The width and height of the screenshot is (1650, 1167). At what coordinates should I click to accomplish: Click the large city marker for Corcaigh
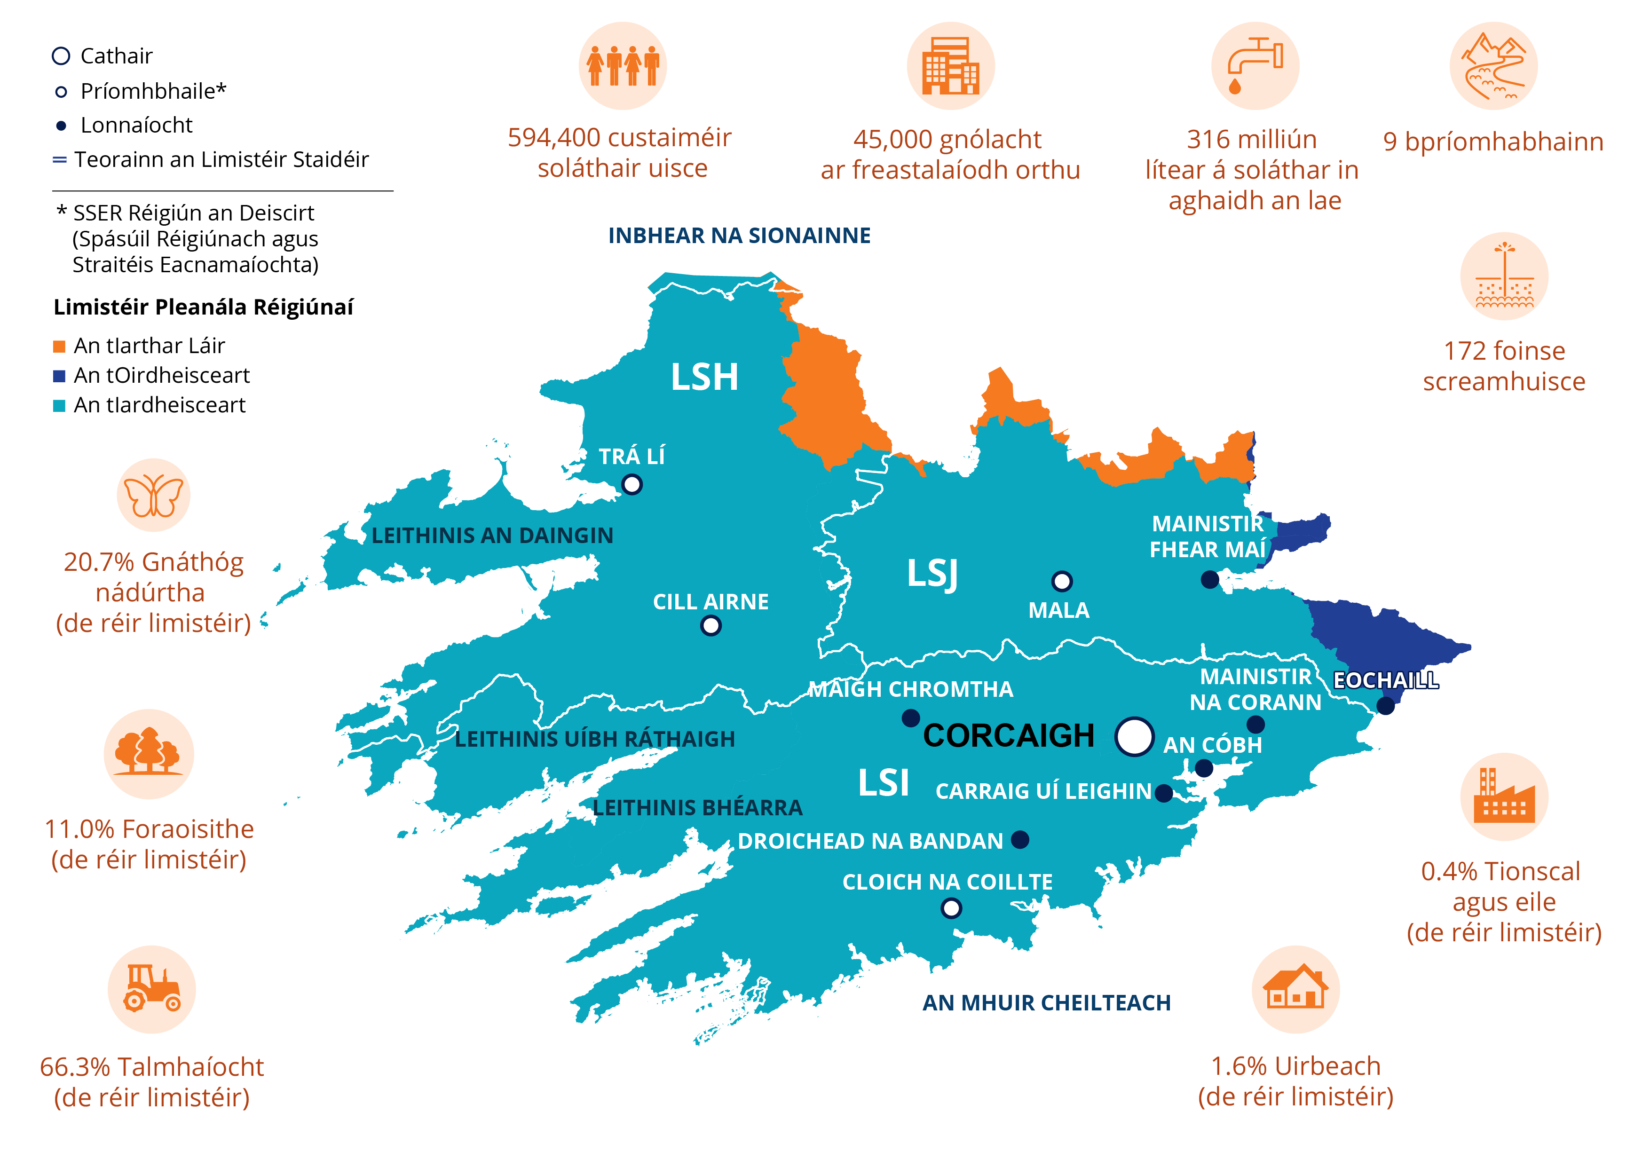1134,737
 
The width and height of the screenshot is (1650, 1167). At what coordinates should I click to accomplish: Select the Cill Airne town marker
710,626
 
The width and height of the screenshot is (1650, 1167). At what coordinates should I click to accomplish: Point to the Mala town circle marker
1061,581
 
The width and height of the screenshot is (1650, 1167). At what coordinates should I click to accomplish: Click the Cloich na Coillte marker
951,908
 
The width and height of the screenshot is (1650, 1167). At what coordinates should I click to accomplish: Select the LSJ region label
932,574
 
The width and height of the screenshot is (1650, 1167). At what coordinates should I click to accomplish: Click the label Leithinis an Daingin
492,536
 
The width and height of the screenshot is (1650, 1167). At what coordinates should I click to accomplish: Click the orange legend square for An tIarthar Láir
60,347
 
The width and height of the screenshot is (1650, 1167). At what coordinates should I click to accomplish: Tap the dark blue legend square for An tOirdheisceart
60,376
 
